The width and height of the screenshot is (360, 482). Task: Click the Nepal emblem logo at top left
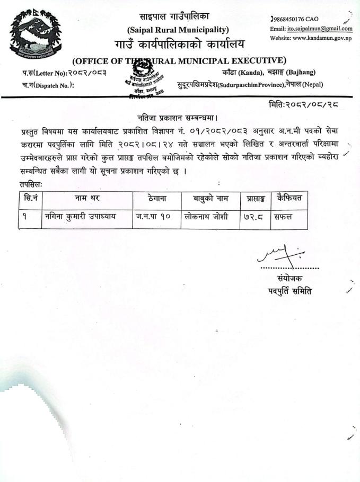[x=32, y=33]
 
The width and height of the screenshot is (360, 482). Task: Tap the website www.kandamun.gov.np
[x=323, y=38]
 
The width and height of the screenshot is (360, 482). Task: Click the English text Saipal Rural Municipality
[x=178, y=30]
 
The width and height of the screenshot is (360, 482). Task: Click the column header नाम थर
[x=87, y=199]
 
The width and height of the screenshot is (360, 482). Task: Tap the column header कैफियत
[x=289, y=199]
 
